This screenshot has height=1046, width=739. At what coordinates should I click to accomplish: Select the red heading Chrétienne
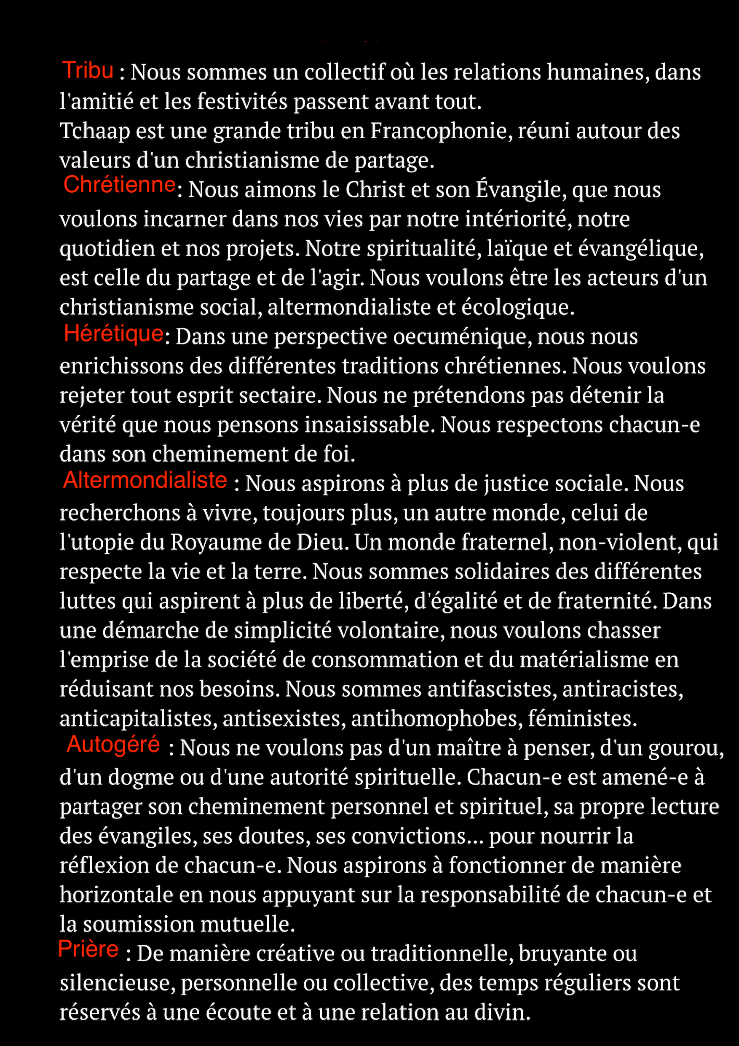[119, 185]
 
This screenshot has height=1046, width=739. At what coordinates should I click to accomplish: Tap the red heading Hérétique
[113, 333]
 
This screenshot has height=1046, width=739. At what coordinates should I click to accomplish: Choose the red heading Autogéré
[113, 744]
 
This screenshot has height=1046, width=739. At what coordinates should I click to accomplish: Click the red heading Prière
[88, 949]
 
